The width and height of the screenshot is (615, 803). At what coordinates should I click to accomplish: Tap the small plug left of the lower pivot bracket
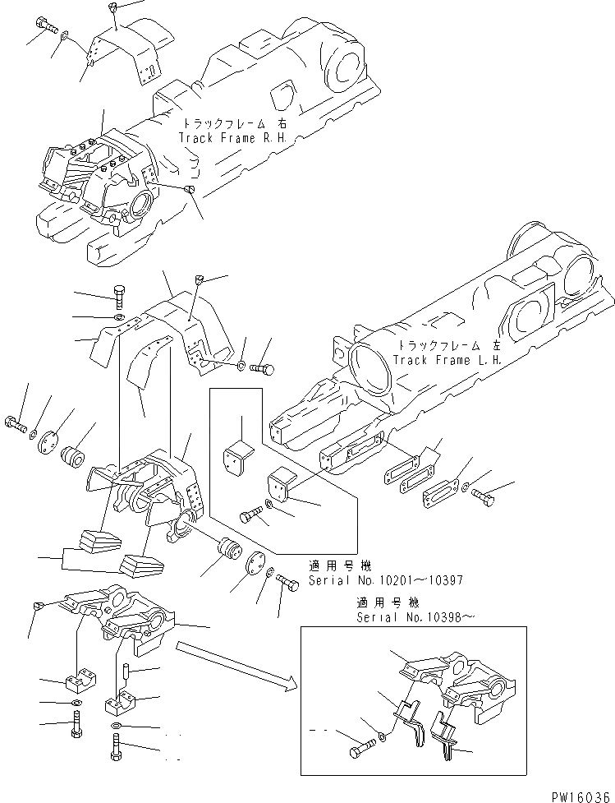pos(38,605)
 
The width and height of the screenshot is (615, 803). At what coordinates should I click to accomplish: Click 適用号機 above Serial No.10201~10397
pos(340,565)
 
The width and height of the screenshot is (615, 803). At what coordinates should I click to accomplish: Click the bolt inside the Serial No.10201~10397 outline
pos(250,516)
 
